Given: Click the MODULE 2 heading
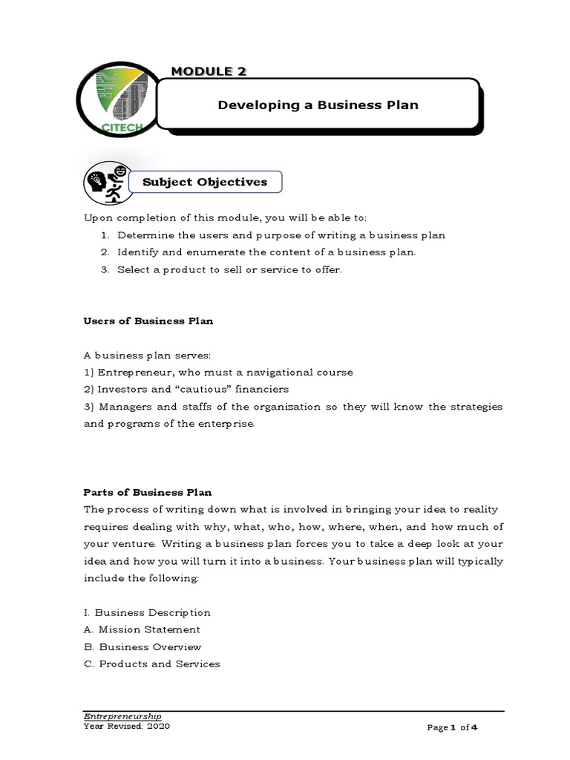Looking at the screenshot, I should [x=209, y=71].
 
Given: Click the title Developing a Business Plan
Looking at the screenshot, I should [x=318, y=105].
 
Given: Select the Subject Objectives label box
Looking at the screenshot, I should [x=198, y=182].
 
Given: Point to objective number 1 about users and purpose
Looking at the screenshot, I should [x=281, y=235].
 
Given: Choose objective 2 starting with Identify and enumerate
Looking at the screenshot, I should [x=266, y=252].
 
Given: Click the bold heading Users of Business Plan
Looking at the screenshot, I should [x=148, y=321].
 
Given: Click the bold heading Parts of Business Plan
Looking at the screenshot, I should [x=147, y=492].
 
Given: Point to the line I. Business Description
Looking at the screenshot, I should [x=147, y=612].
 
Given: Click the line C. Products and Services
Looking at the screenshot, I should [x=152, y=664].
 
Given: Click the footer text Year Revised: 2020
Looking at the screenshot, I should [x=126, y=727].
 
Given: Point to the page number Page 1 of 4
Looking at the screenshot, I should [x=452, y=728].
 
